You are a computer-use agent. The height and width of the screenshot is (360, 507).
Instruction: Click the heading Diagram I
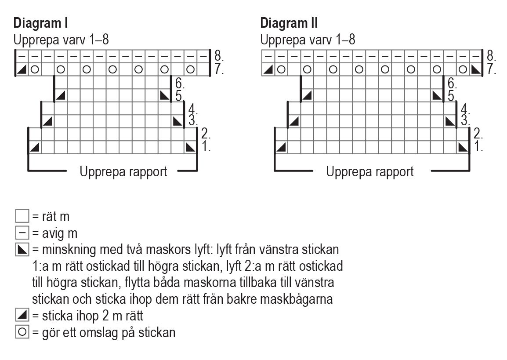[x=40, y=23]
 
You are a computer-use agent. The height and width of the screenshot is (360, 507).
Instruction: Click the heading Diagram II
[x=289, y=23]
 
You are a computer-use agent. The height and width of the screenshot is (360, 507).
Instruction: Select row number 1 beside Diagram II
[x=478, y=147]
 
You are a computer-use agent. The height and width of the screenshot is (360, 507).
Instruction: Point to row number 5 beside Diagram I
[x=179, y=95]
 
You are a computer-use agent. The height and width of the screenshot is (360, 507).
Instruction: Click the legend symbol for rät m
[x=22, y=216]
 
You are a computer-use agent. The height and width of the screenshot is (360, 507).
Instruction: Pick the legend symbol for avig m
[x=22, y=233]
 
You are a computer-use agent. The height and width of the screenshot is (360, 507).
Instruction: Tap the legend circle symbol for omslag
[x=22, y=332]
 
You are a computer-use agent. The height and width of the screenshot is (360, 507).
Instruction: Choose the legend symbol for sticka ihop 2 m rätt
[x=22, y=316]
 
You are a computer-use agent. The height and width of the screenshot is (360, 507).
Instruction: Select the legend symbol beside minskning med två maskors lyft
[x=22, y=250]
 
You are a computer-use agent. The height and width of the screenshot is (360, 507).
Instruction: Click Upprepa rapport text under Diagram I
[x=123, y=171]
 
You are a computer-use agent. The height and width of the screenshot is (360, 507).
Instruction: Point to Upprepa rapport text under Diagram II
[x=370, y=171]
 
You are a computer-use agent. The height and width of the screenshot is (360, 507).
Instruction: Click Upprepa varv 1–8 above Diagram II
[x=308, y=40]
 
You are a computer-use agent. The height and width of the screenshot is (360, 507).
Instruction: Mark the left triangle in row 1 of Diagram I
[x=35, y=147]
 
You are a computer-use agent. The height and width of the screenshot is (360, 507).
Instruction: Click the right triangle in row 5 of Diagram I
[x=164, y=95]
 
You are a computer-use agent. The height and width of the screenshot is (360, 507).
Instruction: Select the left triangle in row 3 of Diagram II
[x=294, y=121]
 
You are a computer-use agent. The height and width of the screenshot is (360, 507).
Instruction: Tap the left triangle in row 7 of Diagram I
[x=22, y=69]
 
